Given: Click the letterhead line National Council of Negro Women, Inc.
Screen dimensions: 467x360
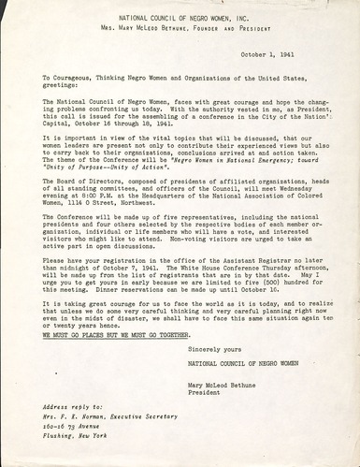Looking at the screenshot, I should click(x=180, y=17).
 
